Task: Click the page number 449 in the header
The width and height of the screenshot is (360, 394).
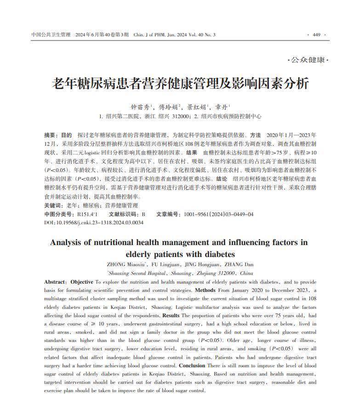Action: (x=316, y=35)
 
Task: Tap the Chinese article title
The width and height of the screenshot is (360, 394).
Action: (x=180, y=84)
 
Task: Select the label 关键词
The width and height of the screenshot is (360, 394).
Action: (x=54, y=206)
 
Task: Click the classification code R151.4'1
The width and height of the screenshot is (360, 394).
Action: (x=87, y=214)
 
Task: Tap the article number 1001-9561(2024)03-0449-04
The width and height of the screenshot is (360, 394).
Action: (x=219, y=214)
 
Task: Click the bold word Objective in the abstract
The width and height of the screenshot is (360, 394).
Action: (x=82, y=282)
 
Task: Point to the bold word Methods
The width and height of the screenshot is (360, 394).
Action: (x=205, y=290)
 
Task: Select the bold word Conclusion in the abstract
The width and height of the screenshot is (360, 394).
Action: (x=192, y=365)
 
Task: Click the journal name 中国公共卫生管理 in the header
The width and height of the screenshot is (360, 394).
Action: (x=51, y=35)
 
